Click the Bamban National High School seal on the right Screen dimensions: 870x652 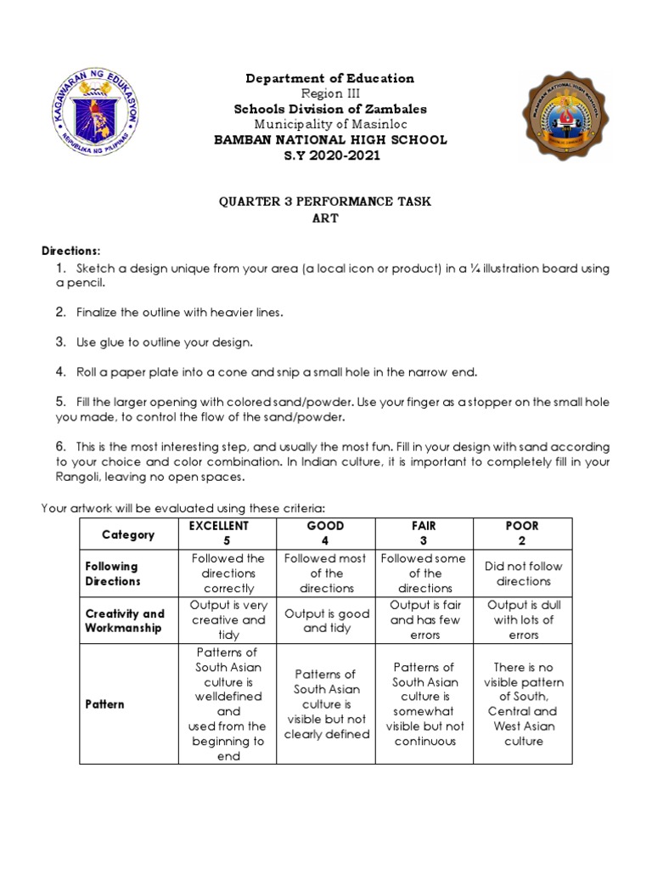pyautogui.click(x=565, y=116)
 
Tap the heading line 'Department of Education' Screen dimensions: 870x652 pyautogui.click(x=329, y=78)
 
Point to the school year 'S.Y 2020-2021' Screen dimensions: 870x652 pyautogui.click(x=329, y=155)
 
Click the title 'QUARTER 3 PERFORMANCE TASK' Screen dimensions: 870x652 pyautogui.click(x=327, y=201)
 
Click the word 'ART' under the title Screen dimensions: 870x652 pyautogui.click(x=327, y=218)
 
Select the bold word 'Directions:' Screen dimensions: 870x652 pyautogui.click(x=71, y=251)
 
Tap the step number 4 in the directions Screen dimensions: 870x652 pyautogui.click(x=60, y=371)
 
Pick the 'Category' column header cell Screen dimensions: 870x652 pyautogui.click(x=128, y=534)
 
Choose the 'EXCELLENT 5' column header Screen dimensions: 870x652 pyautogui.click(x=227, y=534)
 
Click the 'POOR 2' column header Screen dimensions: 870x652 pyautogui.click(x=522, y=534)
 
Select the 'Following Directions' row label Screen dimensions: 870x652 pyautogui.click(x=111, y=573)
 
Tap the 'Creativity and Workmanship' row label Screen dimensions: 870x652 pyautogui.click(x=125, y=620)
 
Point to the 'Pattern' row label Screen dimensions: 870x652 pyautogui.click(x=104, y=704)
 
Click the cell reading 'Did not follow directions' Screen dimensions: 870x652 pyautogui.click(x=523, y=573)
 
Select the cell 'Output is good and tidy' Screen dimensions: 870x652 pyautogui.click(x=326, y=620)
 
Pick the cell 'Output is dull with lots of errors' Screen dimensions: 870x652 pyautogui.click(x=523, y=620)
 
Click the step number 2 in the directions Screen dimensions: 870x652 pyautogui.click(x=60, y=312)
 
